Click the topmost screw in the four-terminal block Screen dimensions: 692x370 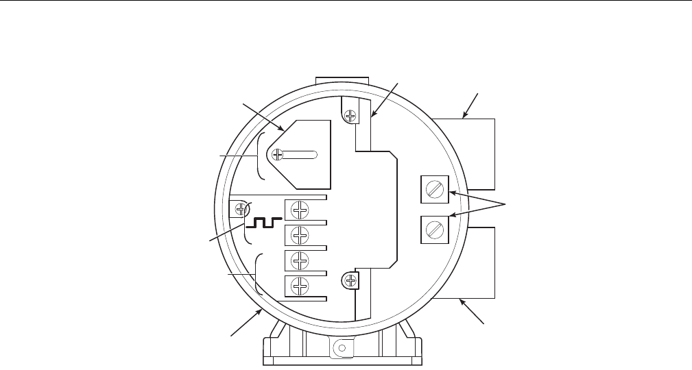[x=300, y=208]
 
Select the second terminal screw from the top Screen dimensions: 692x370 [x=300, y=234]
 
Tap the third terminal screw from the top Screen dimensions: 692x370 [x=300, y=260]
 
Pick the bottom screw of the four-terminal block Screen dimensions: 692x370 [x=300, y=286]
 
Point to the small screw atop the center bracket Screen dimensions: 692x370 [x=349, y=116]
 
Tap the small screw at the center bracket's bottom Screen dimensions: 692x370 [x=349, y=280]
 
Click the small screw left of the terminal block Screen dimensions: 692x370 [x=241, y=208]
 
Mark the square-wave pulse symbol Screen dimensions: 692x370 [x=263, y=223]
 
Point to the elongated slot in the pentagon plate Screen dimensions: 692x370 [x=302, y=156]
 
